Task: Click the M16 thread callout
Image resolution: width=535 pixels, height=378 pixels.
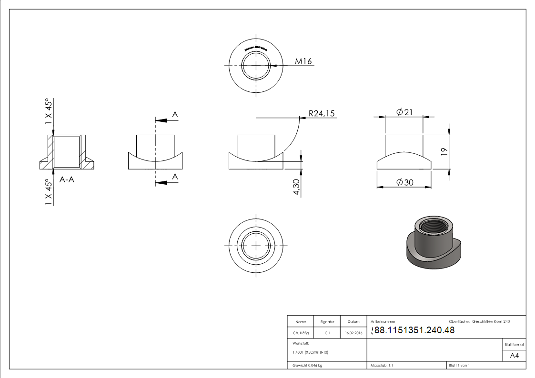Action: [x=303, y=61]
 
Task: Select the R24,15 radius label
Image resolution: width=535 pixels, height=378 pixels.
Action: [x=322, y=113]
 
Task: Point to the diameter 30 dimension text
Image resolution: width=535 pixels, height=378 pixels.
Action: [x=404, y=182]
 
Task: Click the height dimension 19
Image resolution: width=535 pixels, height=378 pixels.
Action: [x=444, y=151]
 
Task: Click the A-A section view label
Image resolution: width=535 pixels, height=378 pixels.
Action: [x=68, y=180]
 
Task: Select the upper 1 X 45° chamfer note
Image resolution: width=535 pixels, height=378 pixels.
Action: [x=49, y=111]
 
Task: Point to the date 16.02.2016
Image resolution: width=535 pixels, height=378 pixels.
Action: [x=353, y=333]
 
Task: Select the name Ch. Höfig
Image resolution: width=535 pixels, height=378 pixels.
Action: [x=301, y=333]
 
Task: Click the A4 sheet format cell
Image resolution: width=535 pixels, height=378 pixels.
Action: [x=514, y=356]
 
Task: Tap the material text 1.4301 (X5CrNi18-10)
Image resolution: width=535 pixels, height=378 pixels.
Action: [x=311, y=352]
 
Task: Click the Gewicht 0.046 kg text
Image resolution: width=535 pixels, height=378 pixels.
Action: [x=307, y=365]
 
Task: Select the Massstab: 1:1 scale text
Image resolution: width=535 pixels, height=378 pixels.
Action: [x=382, y=365]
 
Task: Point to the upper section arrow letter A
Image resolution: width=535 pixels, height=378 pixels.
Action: [x=175, y=115]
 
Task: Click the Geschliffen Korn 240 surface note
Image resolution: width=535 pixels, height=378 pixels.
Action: [x=491, y=322]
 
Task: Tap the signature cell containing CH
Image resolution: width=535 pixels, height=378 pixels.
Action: [x=327, y=333]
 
